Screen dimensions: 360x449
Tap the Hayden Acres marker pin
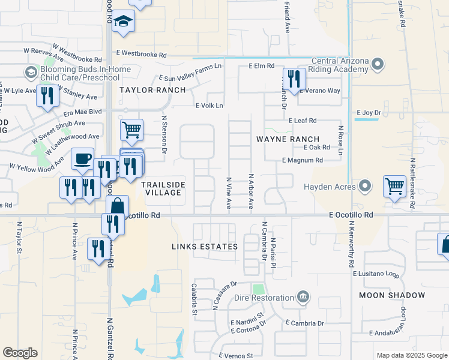364,186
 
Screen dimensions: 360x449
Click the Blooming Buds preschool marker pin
31,73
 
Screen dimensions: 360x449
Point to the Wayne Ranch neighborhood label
288,139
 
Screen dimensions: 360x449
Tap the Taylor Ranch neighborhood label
152,90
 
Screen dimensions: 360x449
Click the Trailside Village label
163,188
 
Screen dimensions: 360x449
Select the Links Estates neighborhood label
205,247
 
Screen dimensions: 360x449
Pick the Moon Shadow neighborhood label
393,295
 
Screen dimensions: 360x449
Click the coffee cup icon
82,159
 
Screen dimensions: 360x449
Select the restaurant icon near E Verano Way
294,79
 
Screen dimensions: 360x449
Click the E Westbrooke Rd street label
142,54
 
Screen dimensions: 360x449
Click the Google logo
20,353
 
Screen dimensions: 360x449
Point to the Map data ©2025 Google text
411,355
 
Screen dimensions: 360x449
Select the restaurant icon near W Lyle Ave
47,96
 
